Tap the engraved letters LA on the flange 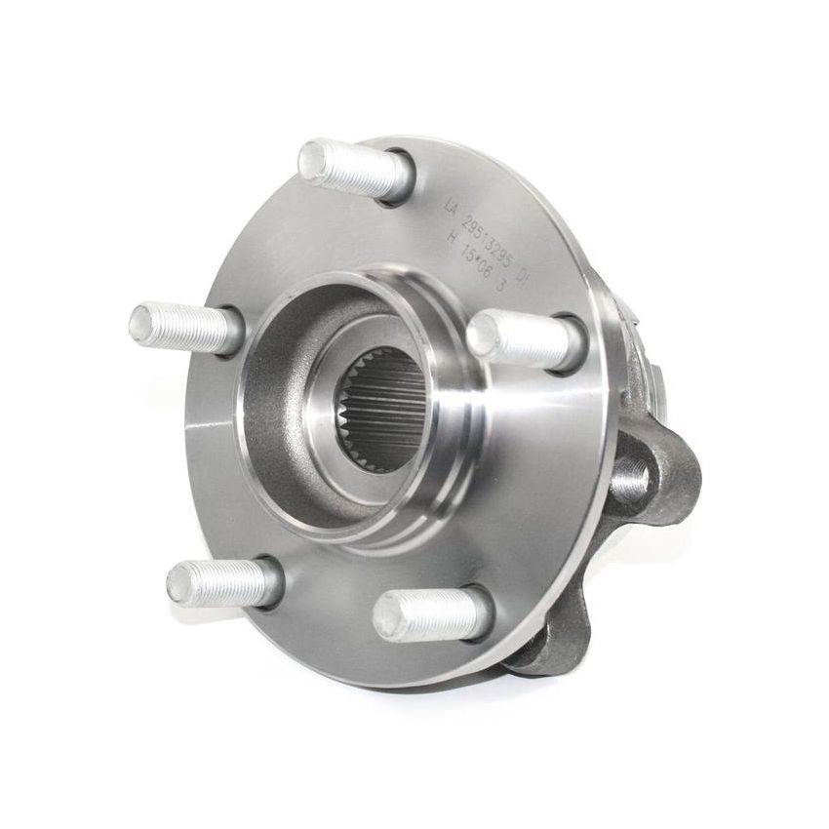point(450,207)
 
